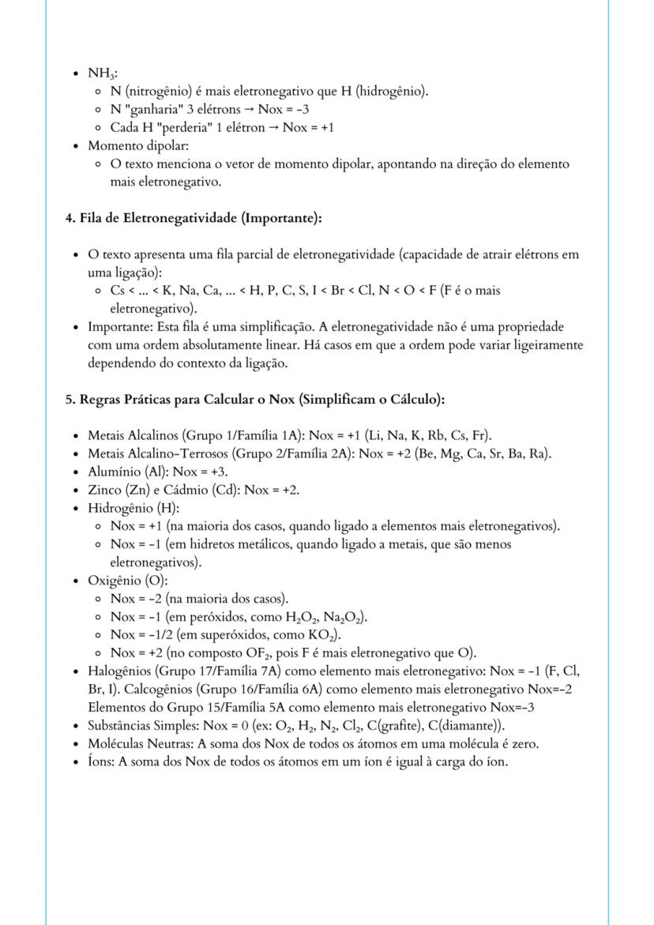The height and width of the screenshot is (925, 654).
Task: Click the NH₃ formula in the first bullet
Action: pos(101,73)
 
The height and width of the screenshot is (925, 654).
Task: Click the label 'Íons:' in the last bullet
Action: pos(101,762)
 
